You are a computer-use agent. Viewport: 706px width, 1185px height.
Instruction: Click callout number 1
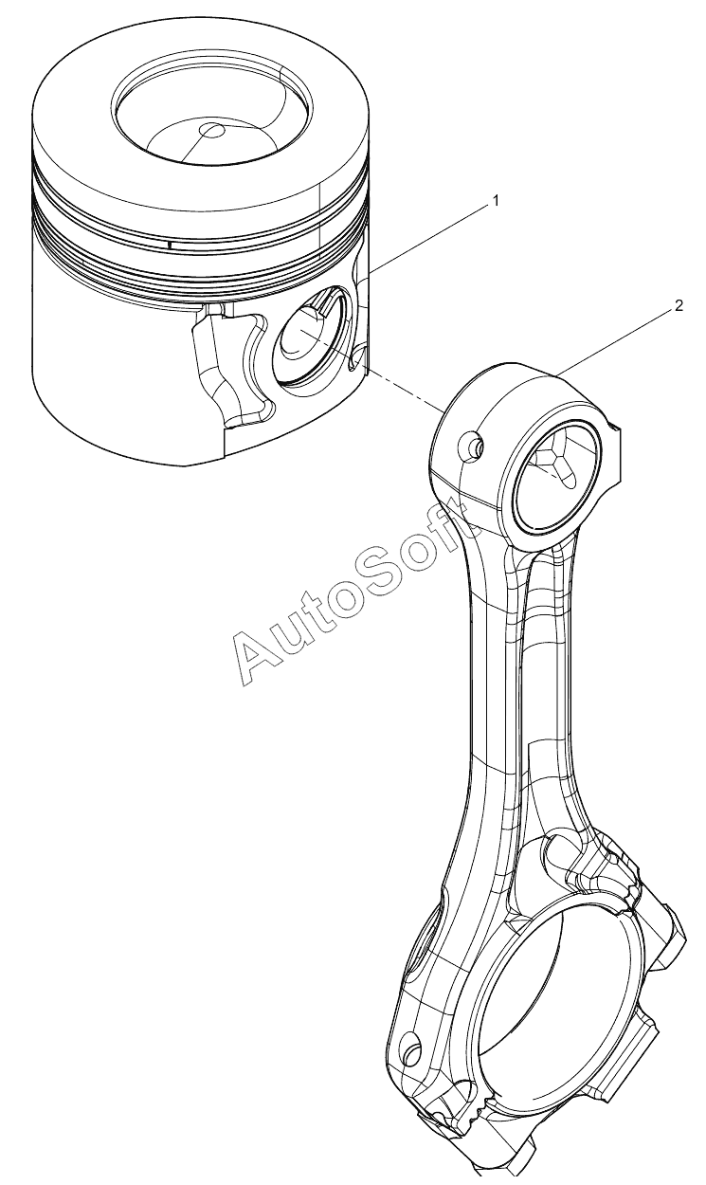click(x=496, y=200)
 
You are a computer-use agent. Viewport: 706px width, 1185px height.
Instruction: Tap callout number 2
click(x=679, y=306)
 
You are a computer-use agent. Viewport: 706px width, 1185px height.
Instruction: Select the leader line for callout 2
click(x=616, y=344)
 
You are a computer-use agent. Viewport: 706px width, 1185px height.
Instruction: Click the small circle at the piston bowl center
click(x=212, y=129)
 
